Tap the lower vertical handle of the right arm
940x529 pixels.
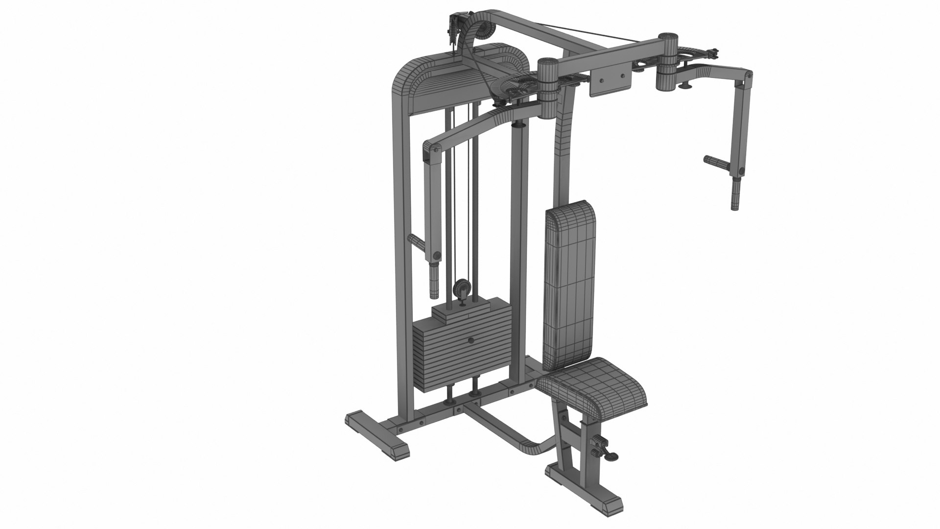[x=736, y=194]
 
